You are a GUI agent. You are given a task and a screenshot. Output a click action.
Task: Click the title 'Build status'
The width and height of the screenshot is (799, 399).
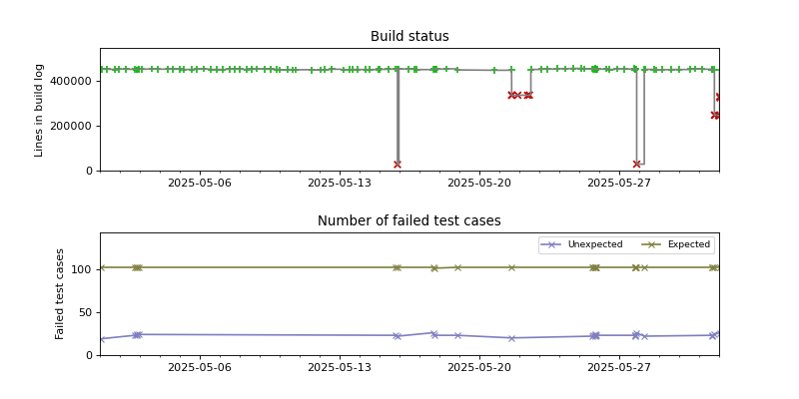point(409,37)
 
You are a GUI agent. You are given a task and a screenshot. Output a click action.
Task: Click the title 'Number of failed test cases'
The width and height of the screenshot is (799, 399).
point(409,221)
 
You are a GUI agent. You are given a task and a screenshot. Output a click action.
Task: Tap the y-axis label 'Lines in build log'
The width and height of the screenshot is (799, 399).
point(40,110)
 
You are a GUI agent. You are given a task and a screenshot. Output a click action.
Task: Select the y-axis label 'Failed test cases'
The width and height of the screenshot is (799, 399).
point(60,293)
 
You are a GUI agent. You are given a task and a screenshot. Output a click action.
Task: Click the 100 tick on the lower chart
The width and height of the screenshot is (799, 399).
point(83,269)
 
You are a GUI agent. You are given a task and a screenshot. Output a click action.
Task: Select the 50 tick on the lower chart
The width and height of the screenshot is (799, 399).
point(86,312)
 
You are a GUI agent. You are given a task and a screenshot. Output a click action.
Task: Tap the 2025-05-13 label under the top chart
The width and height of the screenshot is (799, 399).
point(339,183)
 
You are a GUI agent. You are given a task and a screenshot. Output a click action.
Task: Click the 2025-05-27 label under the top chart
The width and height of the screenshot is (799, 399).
point(619,183)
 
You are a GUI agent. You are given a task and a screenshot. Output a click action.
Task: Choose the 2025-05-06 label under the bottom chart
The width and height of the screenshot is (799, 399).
point(199,367)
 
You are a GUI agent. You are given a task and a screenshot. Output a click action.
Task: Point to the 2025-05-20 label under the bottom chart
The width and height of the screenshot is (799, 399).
point(479,367)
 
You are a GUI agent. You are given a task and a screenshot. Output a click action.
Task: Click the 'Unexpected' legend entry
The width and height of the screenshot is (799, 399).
point(590,244)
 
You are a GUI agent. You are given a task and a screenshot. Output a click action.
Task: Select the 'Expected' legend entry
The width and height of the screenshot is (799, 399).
point(679,244)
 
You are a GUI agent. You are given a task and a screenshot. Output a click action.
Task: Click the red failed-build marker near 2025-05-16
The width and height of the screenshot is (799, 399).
point(398,165)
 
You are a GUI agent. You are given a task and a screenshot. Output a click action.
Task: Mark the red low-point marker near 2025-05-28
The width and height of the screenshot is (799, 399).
point(637,165)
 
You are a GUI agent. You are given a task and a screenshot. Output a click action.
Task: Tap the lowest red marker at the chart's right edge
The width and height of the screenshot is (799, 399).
point(715,115)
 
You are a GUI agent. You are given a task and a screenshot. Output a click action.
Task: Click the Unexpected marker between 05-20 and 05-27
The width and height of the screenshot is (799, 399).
point(511,338)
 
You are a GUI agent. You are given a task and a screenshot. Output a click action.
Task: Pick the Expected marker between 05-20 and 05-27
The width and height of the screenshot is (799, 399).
point(511,267)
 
